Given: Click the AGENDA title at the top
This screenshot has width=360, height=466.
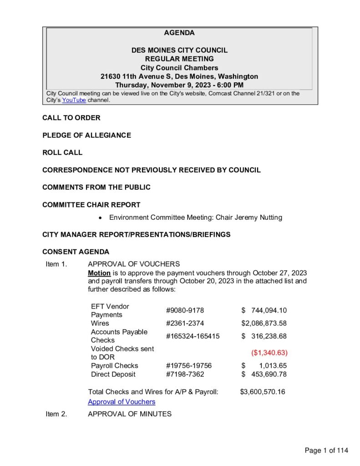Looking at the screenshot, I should pos(179,33).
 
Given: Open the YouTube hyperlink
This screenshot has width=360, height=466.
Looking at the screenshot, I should pos(74,100).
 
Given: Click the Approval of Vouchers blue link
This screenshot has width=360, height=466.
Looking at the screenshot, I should pos(122,402).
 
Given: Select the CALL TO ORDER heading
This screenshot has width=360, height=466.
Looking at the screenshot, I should pos(71,118).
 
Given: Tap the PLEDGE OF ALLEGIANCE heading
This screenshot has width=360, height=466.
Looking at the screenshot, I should pos(86,135).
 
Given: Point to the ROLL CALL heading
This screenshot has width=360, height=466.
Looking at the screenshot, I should pos(62,152).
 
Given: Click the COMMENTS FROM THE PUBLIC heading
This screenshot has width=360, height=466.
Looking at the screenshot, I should pos(96,187).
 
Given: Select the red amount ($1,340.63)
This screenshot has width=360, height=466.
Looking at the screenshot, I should pos(269,353).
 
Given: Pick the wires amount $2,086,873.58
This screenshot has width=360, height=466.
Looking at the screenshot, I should pos(264,324).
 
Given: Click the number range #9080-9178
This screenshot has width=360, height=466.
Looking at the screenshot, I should pos(185,311).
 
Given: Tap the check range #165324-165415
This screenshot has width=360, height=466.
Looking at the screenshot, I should pos(193,336).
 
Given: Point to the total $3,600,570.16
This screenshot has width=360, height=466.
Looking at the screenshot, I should pos(263,391).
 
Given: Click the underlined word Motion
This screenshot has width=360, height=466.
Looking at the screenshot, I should pos(99,273).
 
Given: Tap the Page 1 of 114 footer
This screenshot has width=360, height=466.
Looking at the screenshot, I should pos(326,451).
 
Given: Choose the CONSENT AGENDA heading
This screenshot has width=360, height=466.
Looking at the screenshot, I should pos(76,252).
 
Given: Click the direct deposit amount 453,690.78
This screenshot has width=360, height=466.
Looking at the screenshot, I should pos(269,374).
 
